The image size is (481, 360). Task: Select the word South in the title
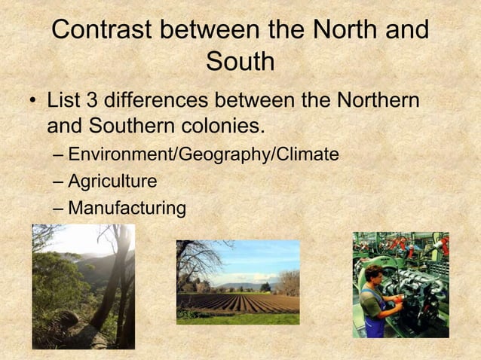coord(240,62)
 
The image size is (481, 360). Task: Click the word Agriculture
coord(112,182)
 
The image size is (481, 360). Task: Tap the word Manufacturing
coord(127,208)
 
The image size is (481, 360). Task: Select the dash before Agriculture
coord(59,182)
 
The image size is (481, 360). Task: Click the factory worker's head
coord(375,273)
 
